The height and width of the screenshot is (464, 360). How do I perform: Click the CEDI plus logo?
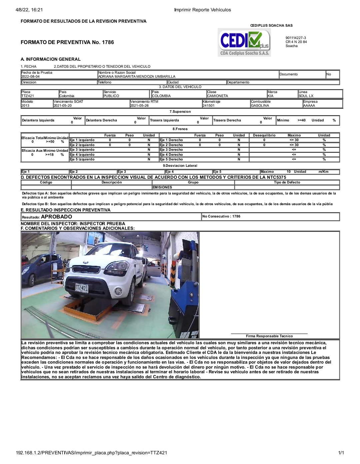click(244, 42)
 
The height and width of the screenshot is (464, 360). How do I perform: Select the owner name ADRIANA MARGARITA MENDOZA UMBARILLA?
click(137, 77)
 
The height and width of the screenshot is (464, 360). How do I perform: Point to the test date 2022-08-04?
click(30, 77)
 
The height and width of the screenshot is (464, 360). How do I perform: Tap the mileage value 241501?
click(209, 106)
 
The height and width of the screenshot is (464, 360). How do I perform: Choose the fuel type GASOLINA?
click(260, 106)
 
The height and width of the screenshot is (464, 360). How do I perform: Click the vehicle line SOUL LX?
click(306, 96)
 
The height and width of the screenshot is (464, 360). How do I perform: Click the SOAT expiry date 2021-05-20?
click(63, 106)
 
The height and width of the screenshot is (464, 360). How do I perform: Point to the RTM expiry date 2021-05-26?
click(139, 106)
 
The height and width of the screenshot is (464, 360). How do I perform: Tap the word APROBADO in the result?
click(56, 217)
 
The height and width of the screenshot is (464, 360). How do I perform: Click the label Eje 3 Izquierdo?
click(82, 150)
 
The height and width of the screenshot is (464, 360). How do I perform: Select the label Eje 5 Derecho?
click(171, 159)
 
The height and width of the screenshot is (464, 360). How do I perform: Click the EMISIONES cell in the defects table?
click(162, 187)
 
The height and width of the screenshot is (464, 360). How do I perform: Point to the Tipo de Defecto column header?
click(287, 182)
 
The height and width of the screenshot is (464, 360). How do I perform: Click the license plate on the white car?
click(81, 288)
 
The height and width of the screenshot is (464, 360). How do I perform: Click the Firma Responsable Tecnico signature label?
click(269, 336)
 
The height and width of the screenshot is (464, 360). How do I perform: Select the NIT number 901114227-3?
click(296, 38)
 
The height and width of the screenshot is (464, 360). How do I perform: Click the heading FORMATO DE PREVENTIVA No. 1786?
click(67, 42)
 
